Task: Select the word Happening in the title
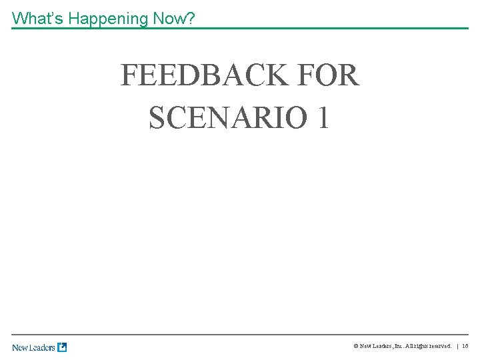(x=108, y=19)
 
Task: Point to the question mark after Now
(x=191, y=19)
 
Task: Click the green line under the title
(x=240, y=28)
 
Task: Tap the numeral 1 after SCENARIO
(x=323, y=118)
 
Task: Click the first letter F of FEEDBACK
(x=129, y=76)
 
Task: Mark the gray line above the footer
(x=240, y=335)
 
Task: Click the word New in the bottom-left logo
(x=21, y=347)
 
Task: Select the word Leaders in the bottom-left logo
(x=43, y=347)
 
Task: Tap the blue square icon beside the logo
(x=62, y=347)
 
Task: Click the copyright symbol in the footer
(x=355, y=347)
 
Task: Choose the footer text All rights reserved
(x=427, y=347)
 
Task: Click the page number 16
(x=465, y=347)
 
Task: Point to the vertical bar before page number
(x=457, y=347)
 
